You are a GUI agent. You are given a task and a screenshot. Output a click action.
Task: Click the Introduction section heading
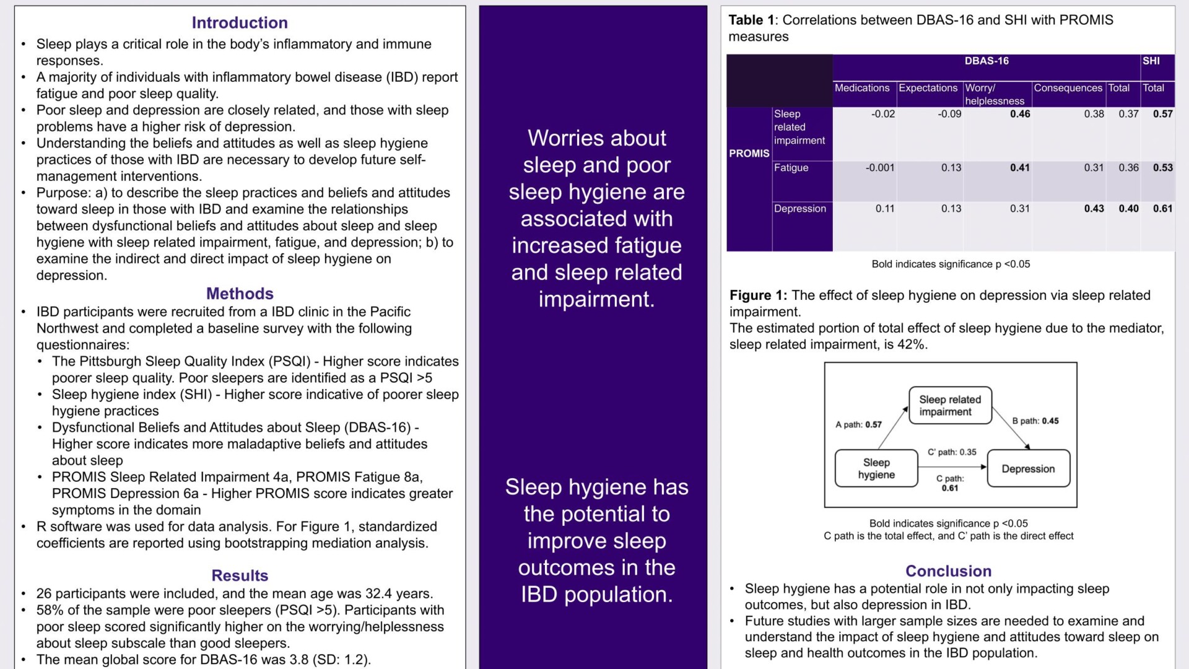(x=240, y=23)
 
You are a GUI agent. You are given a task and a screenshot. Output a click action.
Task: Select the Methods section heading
(x=240, y=294)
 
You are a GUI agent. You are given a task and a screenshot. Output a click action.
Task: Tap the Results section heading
(x=240, y=575)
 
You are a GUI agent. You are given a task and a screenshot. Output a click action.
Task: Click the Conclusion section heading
(x=948, y=571)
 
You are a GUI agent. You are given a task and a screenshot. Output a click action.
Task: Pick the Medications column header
(x=862, y=88)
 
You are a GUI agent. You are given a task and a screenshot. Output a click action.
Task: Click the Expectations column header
(x=928, y=88)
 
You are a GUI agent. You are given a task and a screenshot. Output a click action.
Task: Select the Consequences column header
(x=1068, y=88)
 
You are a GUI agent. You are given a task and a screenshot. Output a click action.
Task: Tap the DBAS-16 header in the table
(x=986, y=61)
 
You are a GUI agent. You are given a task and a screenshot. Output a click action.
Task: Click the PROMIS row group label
(x=749, y=154)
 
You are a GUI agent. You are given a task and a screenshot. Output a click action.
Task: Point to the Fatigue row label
(x=791, y=168)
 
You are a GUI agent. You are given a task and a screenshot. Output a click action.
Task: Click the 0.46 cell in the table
(x=1020, y=114)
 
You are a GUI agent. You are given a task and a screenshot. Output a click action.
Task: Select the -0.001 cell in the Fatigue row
(x=879, y=168)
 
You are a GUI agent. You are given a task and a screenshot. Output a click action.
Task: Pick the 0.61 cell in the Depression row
(x=1162, y=209)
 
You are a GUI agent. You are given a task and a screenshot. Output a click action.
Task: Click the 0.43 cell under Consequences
(x=1094, y=209)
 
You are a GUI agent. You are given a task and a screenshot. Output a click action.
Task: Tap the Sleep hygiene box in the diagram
(x=876, y=468)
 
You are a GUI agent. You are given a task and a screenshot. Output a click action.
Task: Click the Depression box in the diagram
(x=1028, y=468)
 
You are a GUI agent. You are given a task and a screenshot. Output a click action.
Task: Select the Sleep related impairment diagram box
(x=950, y=406)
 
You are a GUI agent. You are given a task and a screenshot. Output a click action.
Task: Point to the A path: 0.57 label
(x=858, y=424)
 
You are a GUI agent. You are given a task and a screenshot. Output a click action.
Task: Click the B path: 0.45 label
(x=1035, y=421)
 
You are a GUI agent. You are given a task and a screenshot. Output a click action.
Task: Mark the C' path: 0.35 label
(x=952, y=452)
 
